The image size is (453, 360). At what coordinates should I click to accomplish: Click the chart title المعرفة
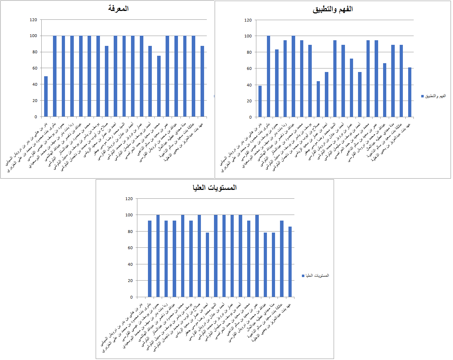[x=118, y=8]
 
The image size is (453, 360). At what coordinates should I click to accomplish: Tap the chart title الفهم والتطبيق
[x=333, y=9]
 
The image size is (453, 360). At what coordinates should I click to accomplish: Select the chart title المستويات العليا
[x=215, y=187]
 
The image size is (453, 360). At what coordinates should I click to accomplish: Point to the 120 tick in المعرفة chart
[x=33, y=20]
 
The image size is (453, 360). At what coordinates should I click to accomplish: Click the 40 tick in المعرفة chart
[x=34, y=84]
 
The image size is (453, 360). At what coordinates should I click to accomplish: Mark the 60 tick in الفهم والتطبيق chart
[x=249, y=68]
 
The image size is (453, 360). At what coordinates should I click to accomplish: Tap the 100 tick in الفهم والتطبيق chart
[x=248, y=36]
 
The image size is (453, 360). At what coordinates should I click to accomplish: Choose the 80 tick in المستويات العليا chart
[x=129, y=232]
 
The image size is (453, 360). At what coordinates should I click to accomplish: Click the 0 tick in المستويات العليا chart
[x=131, y=297]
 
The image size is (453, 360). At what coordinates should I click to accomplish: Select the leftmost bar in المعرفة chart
[x=46, y=96]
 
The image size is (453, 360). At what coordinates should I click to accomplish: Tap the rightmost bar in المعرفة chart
[x=202, y=81]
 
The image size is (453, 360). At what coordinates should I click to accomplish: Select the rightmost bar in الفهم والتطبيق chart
[x=410, y=92]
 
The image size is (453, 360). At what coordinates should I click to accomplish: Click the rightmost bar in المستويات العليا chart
[x=290, y=262]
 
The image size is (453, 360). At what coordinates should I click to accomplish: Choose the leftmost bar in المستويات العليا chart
[x=150, y=259]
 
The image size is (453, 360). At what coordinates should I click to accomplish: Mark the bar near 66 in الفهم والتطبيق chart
[x=385, y=90]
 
